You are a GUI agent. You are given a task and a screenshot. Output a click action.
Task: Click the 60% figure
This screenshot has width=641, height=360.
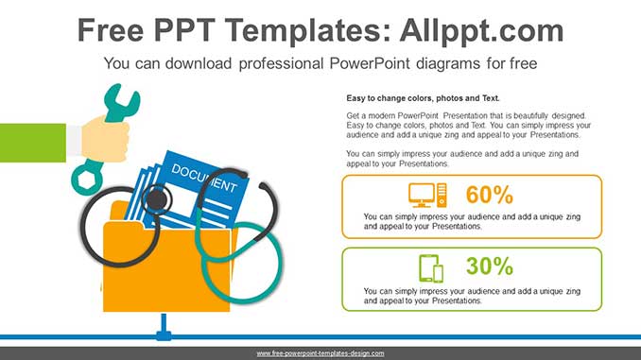click(x=489, y=196)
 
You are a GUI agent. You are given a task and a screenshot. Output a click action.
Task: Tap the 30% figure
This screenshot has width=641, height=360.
click(x=489, y=267)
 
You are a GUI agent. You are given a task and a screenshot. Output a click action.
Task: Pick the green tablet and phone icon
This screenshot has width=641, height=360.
click(x=431, y=268)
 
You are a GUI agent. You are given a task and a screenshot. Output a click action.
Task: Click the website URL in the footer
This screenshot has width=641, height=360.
click(x=320, y=353)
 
